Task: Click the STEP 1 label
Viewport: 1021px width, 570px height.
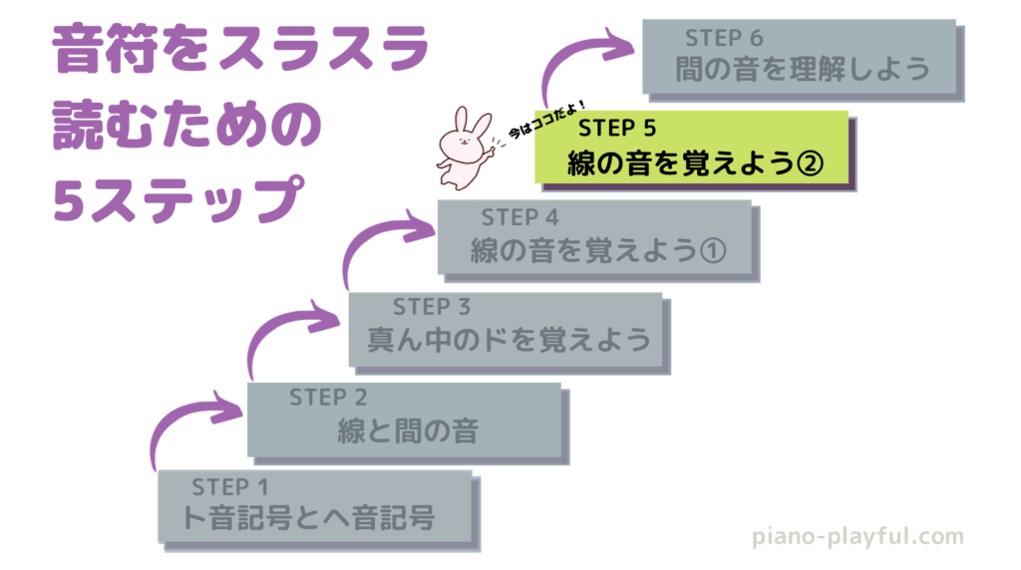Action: point(230,487)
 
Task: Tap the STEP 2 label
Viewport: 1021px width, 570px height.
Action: point(328,398)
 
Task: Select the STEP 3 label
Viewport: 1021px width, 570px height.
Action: point(431,306)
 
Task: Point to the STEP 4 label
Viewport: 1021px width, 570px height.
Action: point(520,216)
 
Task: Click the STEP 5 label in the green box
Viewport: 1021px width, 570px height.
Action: point(616,128)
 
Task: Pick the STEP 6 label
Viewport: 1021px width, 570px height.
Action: point(724,38)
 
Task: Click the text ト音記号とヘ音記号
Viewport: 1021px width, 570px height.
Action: point(309,519)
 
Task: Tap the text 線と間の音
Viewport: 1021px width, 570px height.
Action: point(407,430)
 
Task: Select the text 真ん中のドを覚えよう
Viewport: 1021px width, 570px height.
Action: point(509,339)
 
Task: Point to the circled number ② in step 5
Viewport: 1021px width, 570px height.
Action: point(811,161)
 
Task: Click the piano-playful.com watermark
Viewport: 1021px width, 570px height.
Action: point(857,537)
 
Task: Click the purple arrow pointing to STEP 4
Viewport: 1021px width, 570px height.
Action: point(379,239)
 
